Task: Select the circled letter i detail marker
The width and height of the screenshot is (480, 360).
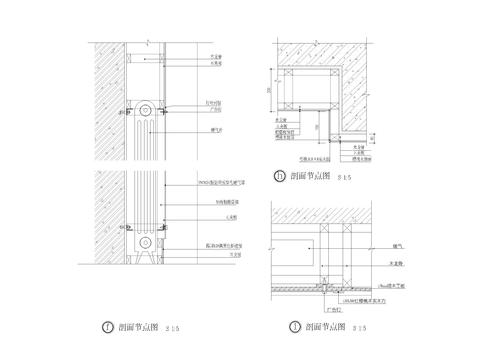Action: (294, 326)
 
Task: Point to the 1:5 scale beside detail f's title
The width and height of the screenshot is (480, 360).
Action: (172, 327)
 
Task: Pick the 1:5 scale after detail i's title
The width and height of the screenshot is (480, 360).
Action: (359, 327)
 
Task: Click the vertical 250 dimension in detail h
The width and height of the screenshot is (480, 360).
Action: (271, 90)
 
